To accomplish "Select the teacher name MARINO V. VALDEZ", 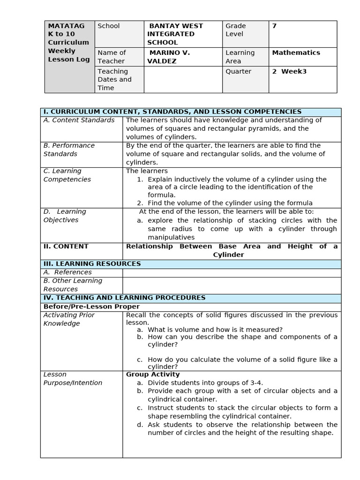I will click(169, 57).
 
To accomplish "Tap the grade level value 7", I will click(274, 26).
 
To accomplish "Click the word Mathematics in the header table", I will click(296, 52).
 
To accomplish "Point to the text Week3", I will click(293, 71).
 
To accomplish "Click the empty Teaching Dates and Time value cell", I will click(183, 79).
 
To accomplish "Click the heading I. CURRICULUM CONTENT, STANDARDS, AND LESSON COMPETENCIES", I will click(172, 112).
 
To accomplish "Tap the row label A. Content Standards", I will click(79, 120).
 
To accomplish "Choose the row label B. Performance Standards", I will click(69, 150).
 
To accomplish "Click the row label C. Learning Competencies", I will click(67, 175).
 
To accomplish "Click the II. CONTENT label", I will click(66, 246).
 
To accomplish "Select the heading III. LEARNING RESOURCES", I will click(92, 263).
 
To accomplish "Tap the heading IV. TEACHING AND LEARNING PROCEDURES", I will click(124, 297).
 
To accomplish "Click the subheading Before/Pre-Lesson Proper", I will click(91, 307).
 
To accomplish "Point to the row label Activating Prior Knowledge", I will click(69, 319).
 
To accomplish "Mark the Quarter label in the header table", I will click(238, 71).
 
